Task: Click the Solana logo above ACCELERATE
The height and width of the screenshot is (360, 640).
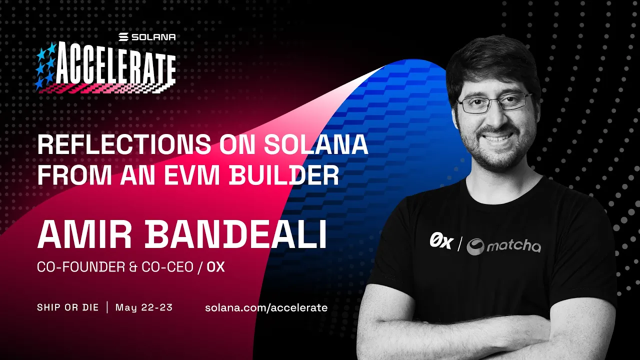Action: pyautogui.click(x=147, y=37)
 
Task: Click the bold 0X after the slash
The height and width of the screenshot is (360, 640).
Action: pyautogui.click(x=215, y=267)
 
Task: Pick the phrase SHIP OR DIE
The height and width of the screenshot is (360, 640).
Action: pyautogui.click(x=68, y=307)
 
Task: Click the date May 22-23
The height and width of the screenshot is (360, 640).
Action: pyautogui.click(x=144, y=307)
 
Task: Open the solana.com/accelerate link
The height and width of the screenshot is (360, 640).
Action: pyautogui.click(x=266, y=307)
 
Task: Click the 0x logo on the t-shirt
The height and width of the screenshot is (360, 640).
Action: pyautogui.click(x=440, y=242)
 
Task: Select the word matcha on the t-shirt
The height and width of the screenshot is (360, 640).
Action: pyautogui.click(x=513, y=246)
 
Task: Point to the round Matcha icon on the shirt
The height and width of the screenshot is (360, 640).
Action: pyautogui.click(x=475, y=246)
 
